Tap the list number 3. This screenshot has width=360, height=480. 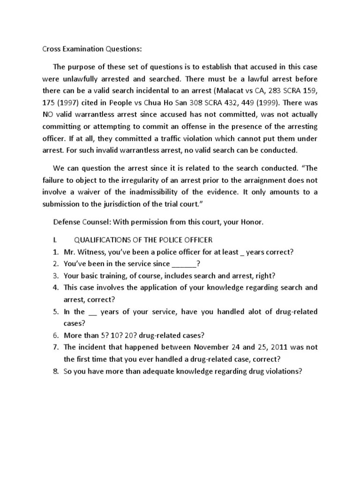coord(55,276)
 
